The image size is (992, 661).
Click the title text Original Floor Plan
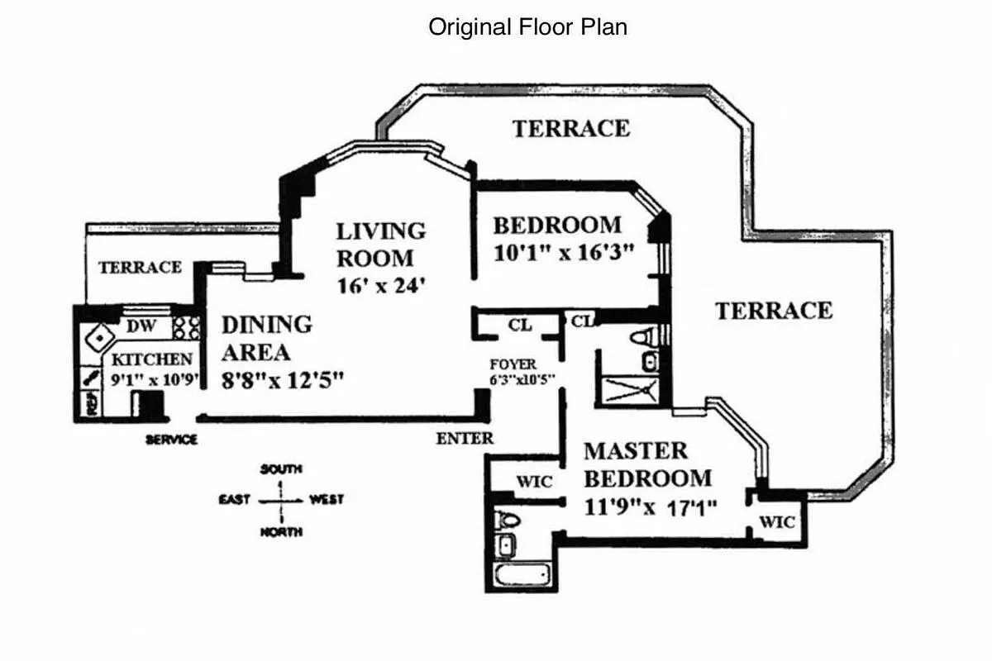(x=527, y=26)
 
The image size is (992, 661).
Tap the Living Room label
(x=380, y=244)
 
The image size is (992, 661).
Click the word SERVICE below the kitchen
(x=171, y=440)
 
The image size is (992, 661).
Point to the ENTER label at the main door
(x=465, y=439)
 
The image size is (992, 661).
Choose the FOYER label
(x=513, y=364)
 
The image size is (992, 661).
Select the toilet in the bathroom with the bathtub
(x=508, y=520)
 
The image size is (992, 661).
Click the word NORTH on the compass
(x=281, y=532)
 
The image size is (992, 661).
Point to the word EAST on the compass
(x=236, y=500)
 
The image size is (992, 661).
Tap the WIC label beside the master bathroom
(x=535, y=482)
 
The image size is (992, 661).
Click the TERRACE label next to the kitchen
(x=140, y=268)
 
